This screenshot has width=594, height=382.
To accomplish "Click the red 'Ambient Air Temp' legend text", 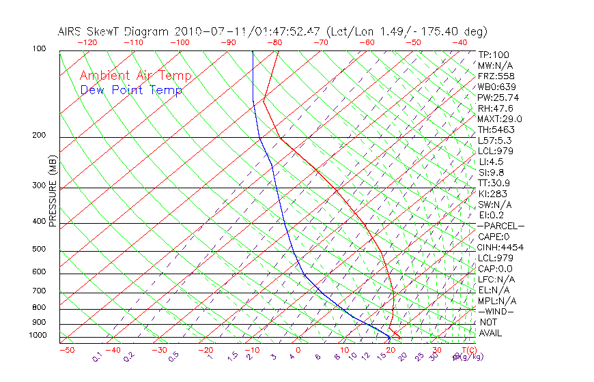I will coord(136,76).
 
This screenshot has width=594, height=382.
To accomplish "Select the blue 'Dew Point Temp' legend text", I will coord(131,90).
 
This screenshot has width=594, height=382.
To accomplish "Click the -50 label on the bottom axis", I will coord(66,349).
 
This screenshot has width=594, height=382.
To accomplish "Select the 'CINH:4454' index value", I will coord(500,247).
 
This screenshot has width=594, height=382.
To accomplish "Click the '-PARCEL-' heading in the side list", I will coord(500,226).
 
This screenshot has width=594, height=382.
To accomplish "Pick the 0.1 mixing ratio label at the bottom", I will coord(97,357).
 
